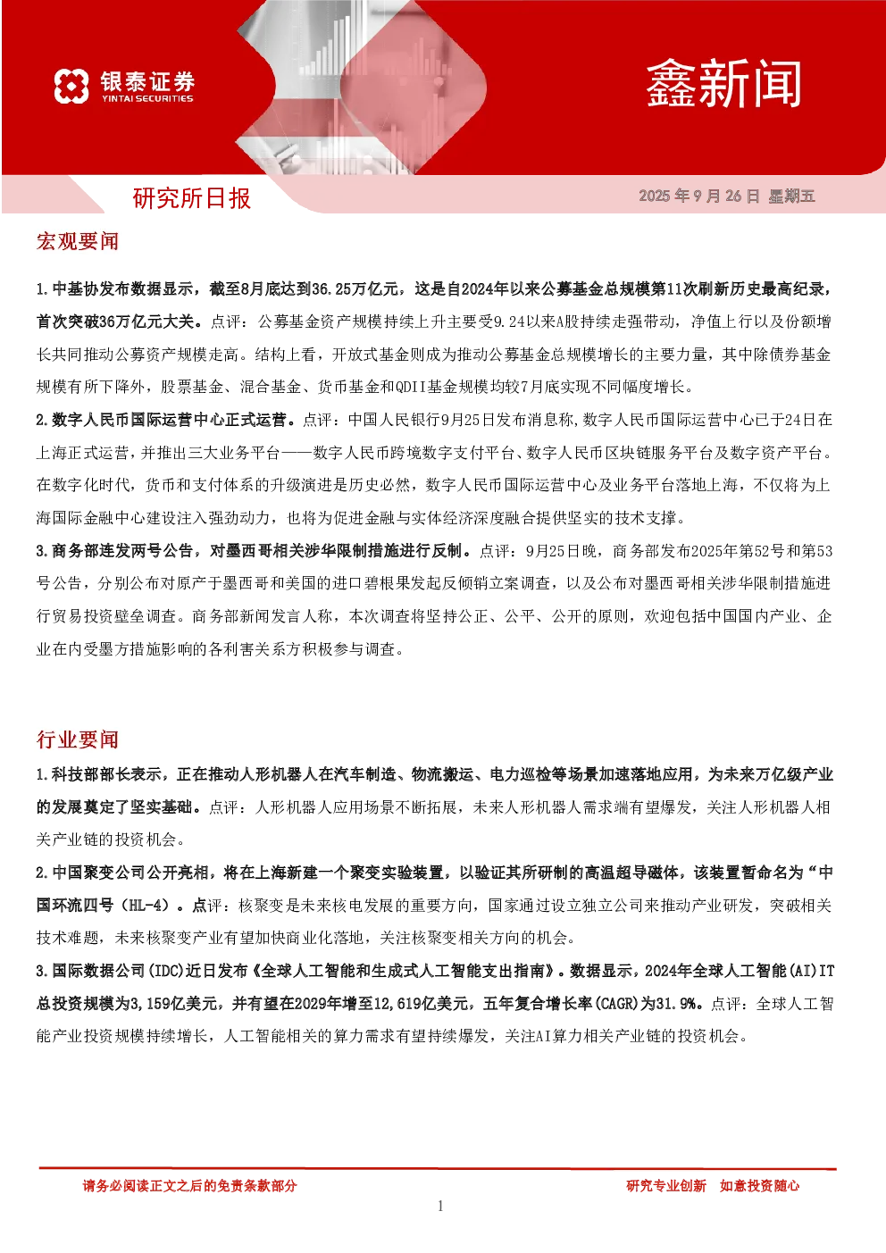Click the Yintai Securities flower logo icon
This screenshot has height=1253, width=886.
pyautogui.click(x=71, y=86)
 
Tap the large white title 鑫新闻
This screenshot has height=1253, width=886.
pyautogui.click(x=723, y=85)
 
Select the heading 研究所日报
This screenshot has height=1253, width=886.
pyautogui.click(x=191, y=198)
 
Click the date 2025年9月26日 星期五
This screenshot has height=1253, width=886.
pyautogui.click(x=727, y=196)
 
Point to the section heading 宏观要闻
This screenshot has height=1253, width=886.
pyautogui.click(x=77, y=241)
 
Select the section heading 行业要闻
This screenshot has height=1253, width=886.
pyautogui.click(x=77, y=739)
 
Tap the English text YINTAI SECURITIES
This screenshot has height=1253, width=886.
pyautogui.click(x=147, y=98)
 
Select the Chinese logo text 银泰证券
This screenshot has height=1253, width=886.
pyautogui.click(x=147, y=81)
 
